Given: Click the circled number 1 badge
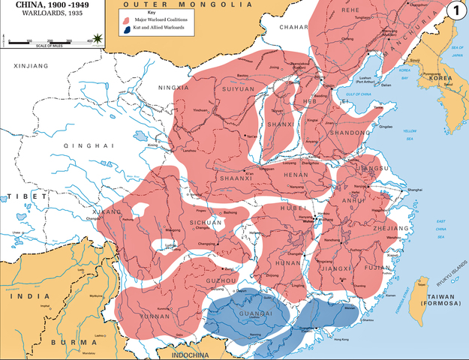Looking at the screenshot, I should [455, 10].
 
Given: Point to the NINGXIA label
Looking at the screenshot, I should [173, 88].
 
